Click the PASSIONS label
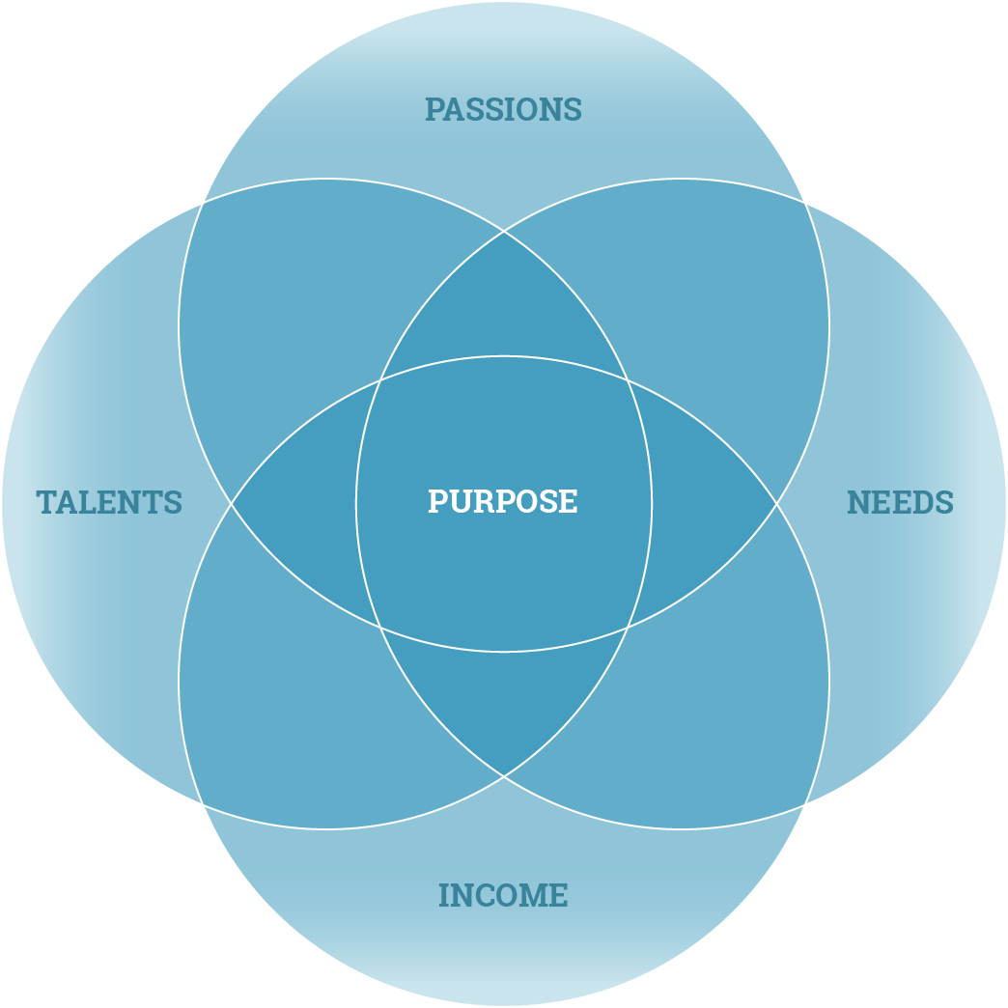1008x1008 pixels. (x=503, y=109)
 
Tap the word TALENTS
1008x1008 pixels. (x=109, y=503)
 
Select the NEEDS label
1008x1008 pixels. (x=900, y=503)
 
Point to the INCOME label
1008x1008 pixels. (x=503, y=896)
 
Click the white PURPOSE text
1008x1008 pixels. (x=503, y=501)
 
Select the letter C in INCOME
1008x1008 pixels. (x=481, y=896)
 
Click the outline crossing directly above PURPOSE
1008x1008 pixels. (x=503, y=232)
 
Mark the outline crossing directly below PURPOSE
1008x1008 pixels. (x=503, y=775)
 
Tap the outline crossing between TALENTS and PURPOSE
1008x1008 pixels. (x=232, y=503)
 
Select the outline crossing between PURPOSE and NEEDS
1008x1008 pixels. (x=776, y=503)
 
